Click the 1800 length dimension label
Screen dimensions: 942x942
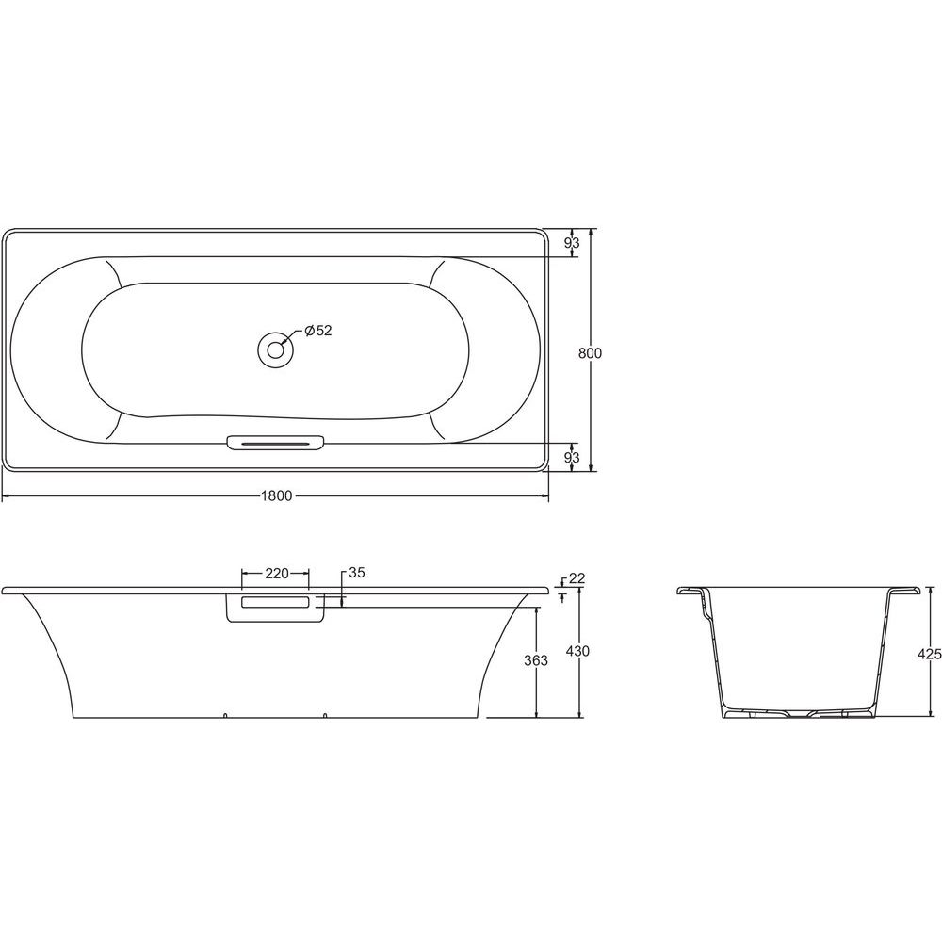276,496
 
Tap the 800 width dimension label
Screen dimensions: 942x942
590,353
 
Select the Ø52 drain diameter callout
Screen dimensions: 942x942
317,331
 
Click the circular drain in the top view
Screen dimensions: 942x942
275,349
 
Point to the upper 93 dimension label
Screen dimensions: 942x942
572,243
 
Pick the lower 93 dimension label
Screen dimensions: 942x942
572,457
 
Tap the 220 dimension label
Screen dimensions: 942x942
277,573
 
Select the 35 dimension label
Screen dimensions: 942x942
357,573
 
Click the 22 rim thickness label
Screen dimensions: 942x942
577,578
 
